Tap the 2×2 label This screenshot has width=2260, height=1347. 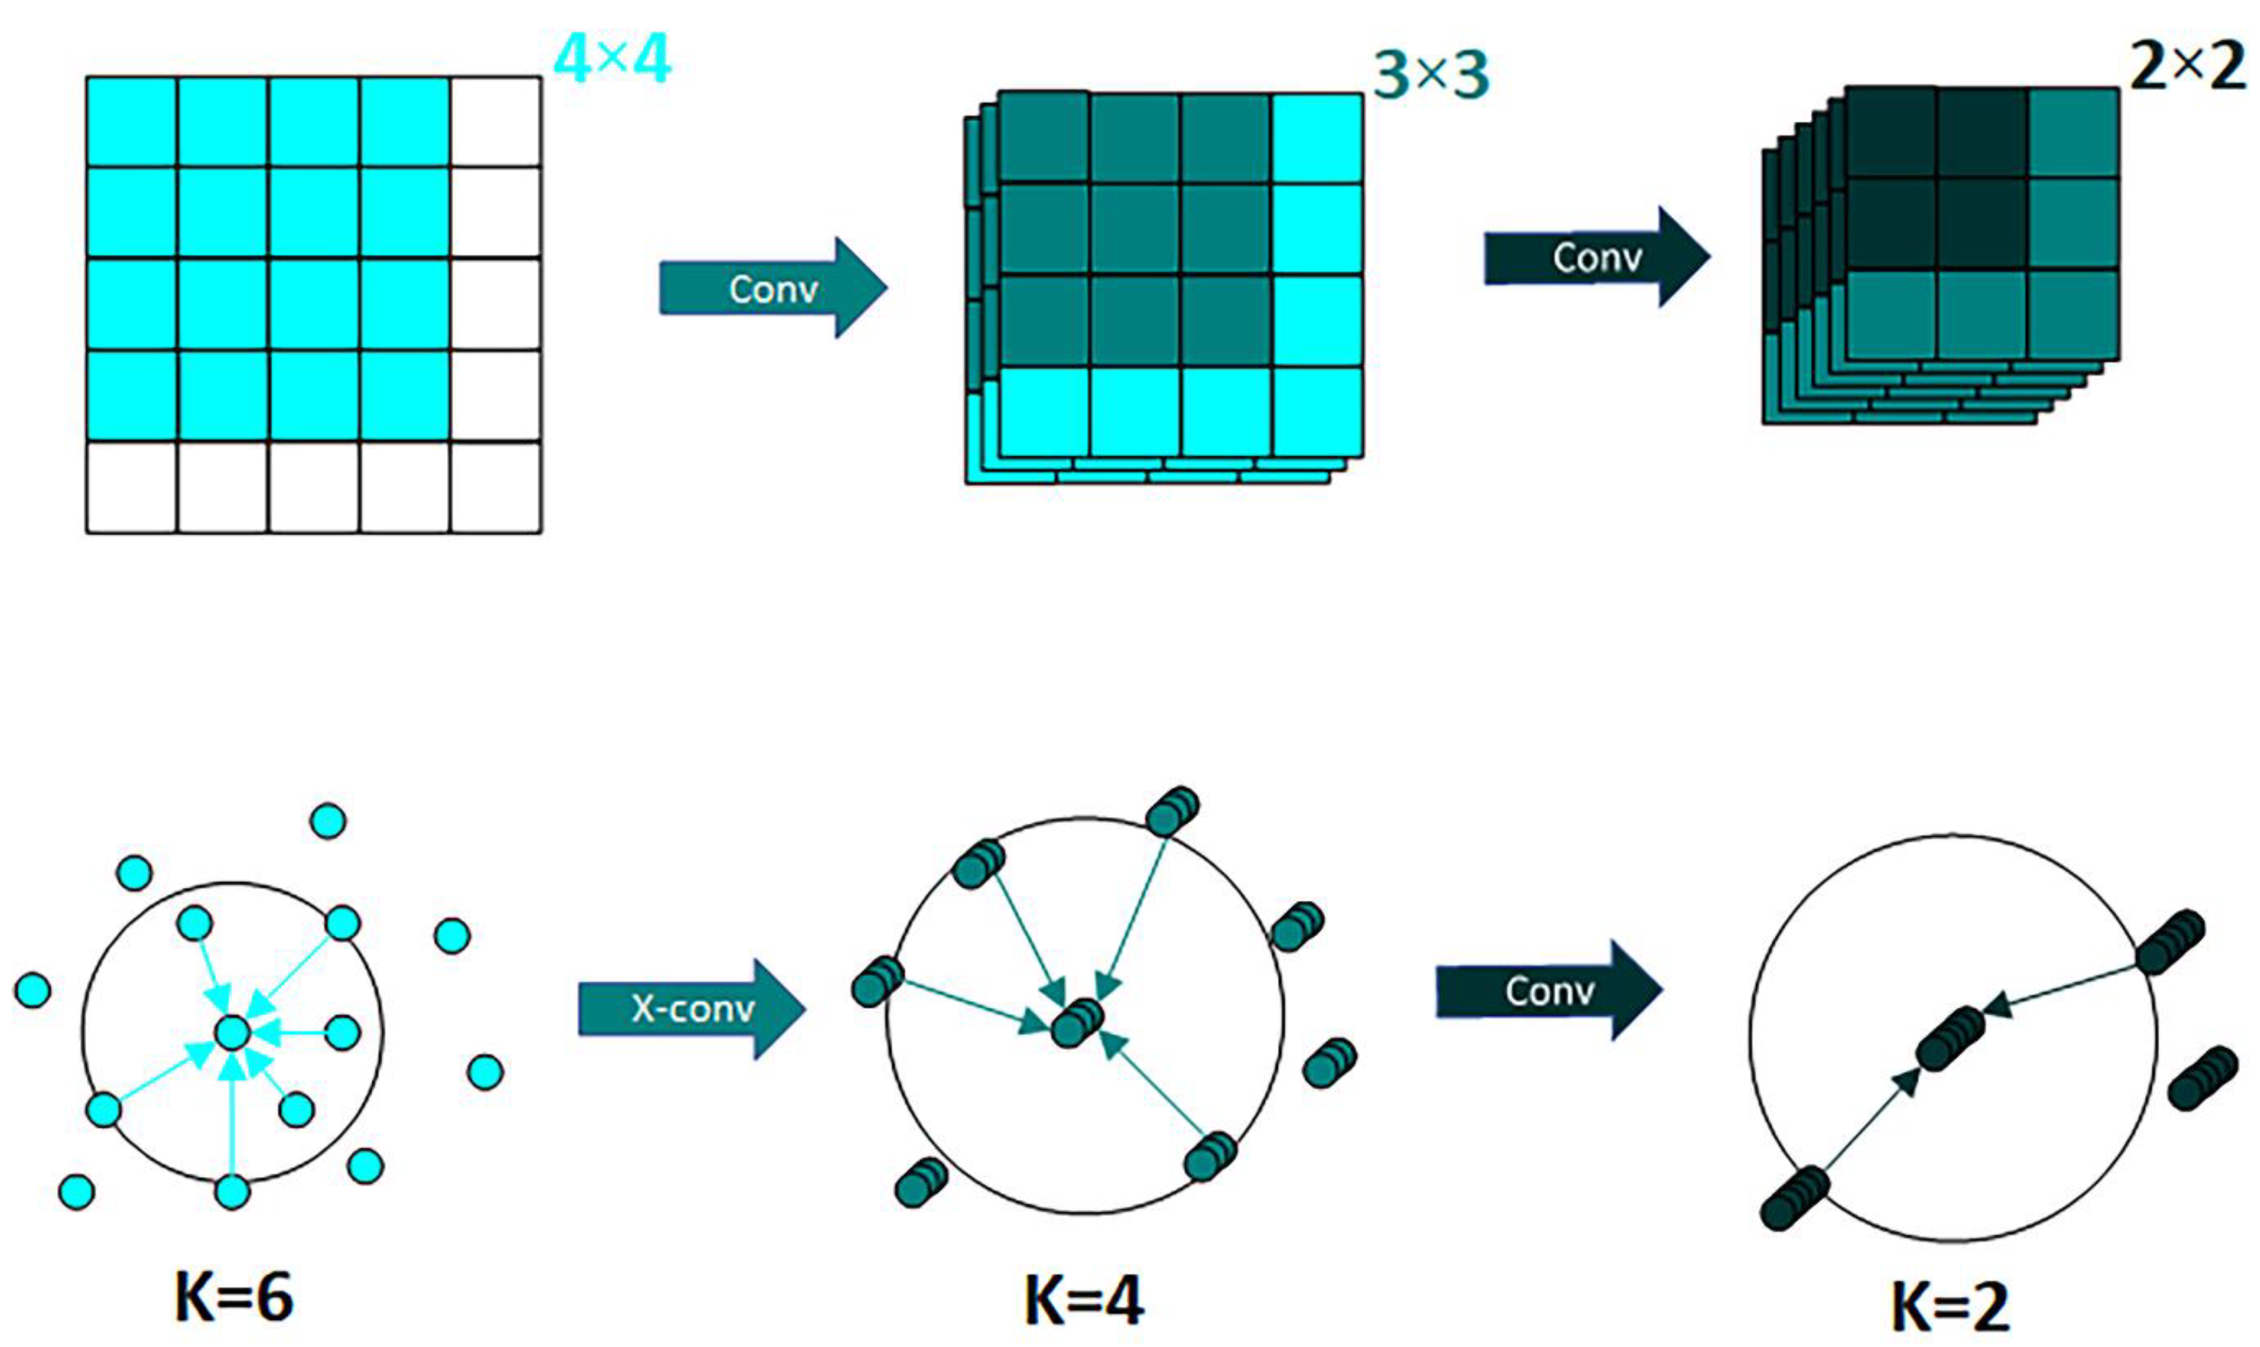[2186, 66]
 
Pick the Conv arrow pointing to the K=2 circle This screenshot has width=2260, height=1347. [1548, 990]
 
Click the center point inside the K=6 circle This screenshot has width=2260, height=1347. [232, 1033]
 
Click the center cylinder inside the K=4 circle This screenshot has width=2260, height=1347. [1077, 1023]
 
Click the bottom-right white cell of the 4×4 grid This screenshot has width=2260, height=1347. [496, 487]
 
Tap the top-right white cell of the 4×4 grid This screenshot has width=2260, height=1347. [496, 122]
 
